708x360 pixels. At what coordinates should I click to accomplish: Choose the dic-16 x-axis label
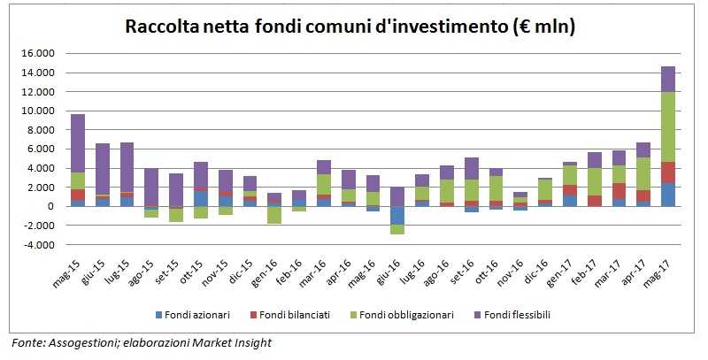(x=539, y=269)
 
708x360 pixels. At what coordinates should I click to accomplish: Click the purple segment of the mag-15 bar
(x=78, y=142)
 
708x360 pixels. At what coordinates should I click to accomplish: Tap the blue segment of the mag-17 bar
(x=667, y=195)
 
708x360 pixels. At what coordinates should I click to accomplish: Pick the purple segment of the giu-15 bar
(x=103, y=169)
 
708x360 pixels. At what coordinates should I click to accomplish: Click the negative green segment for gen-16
(x=274, y=215)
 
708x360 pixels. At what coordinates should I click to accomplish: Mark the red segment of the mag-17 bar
(x=667, y=172)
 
